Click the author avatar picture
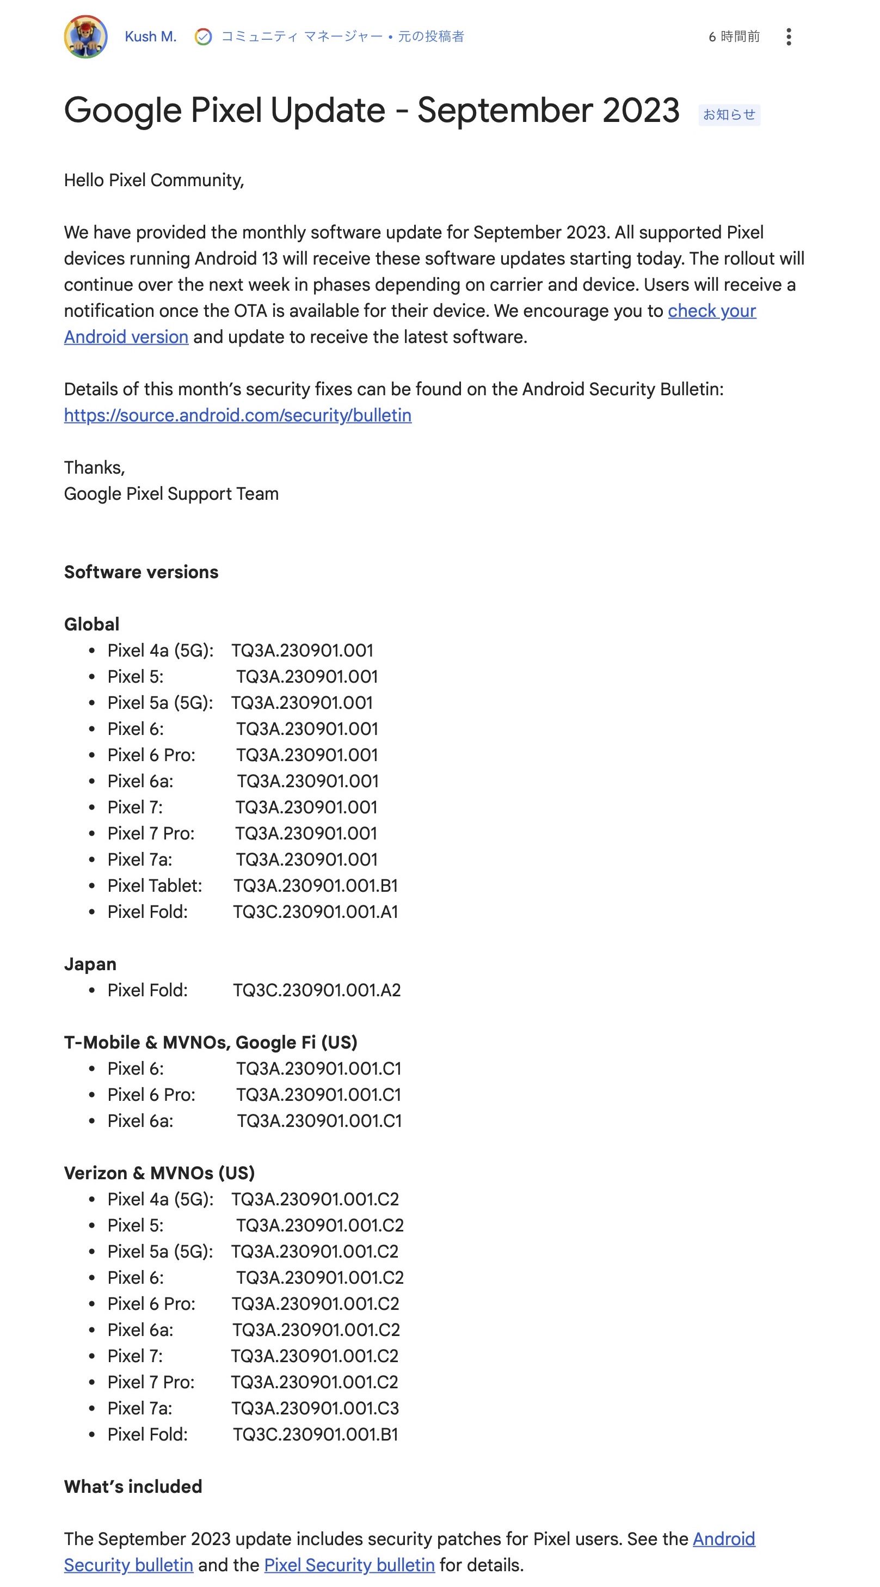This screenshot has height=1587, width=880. click(x=85, y=37)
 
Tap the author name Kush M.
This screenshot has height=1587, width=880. click(x=150, y=37)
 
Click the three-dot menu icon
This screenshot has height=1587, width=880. click(x=787, y=37)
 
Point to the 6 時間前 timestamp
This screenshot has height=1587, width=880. click(x=734, y=37)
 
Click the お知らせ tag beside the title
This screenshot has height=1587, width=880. click(x=729, y=114)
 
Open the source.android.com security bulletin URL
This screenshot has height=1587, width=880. click(x=238, y=415)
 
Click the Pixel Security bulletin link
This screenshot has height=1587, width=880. click(x=349, y=1565)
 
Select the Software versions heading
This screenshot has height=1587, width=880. click(x=141, y=572)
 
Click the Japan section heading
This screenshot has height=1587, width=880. click(x=90, y=964)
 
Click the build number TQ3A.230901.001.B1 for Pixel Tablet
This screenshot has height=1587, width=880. click(x=315, y=885)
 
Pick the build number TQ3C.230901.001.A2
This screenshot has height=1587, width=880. click(x=317, y=990)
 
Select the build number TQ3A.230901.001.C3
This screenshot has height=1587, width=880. click(x=315, y=1408)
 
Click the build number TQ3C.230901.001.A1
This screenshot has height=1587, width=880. click(x=315, y=912)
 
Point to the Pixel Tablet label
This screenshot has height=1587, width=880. click(x=155, y=885)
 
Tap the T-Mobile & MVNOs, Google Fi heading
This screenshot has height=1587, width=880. click(x=211, y=1042)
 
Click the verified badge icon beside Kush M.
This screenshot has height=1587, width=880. click(x=203, y=37)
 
